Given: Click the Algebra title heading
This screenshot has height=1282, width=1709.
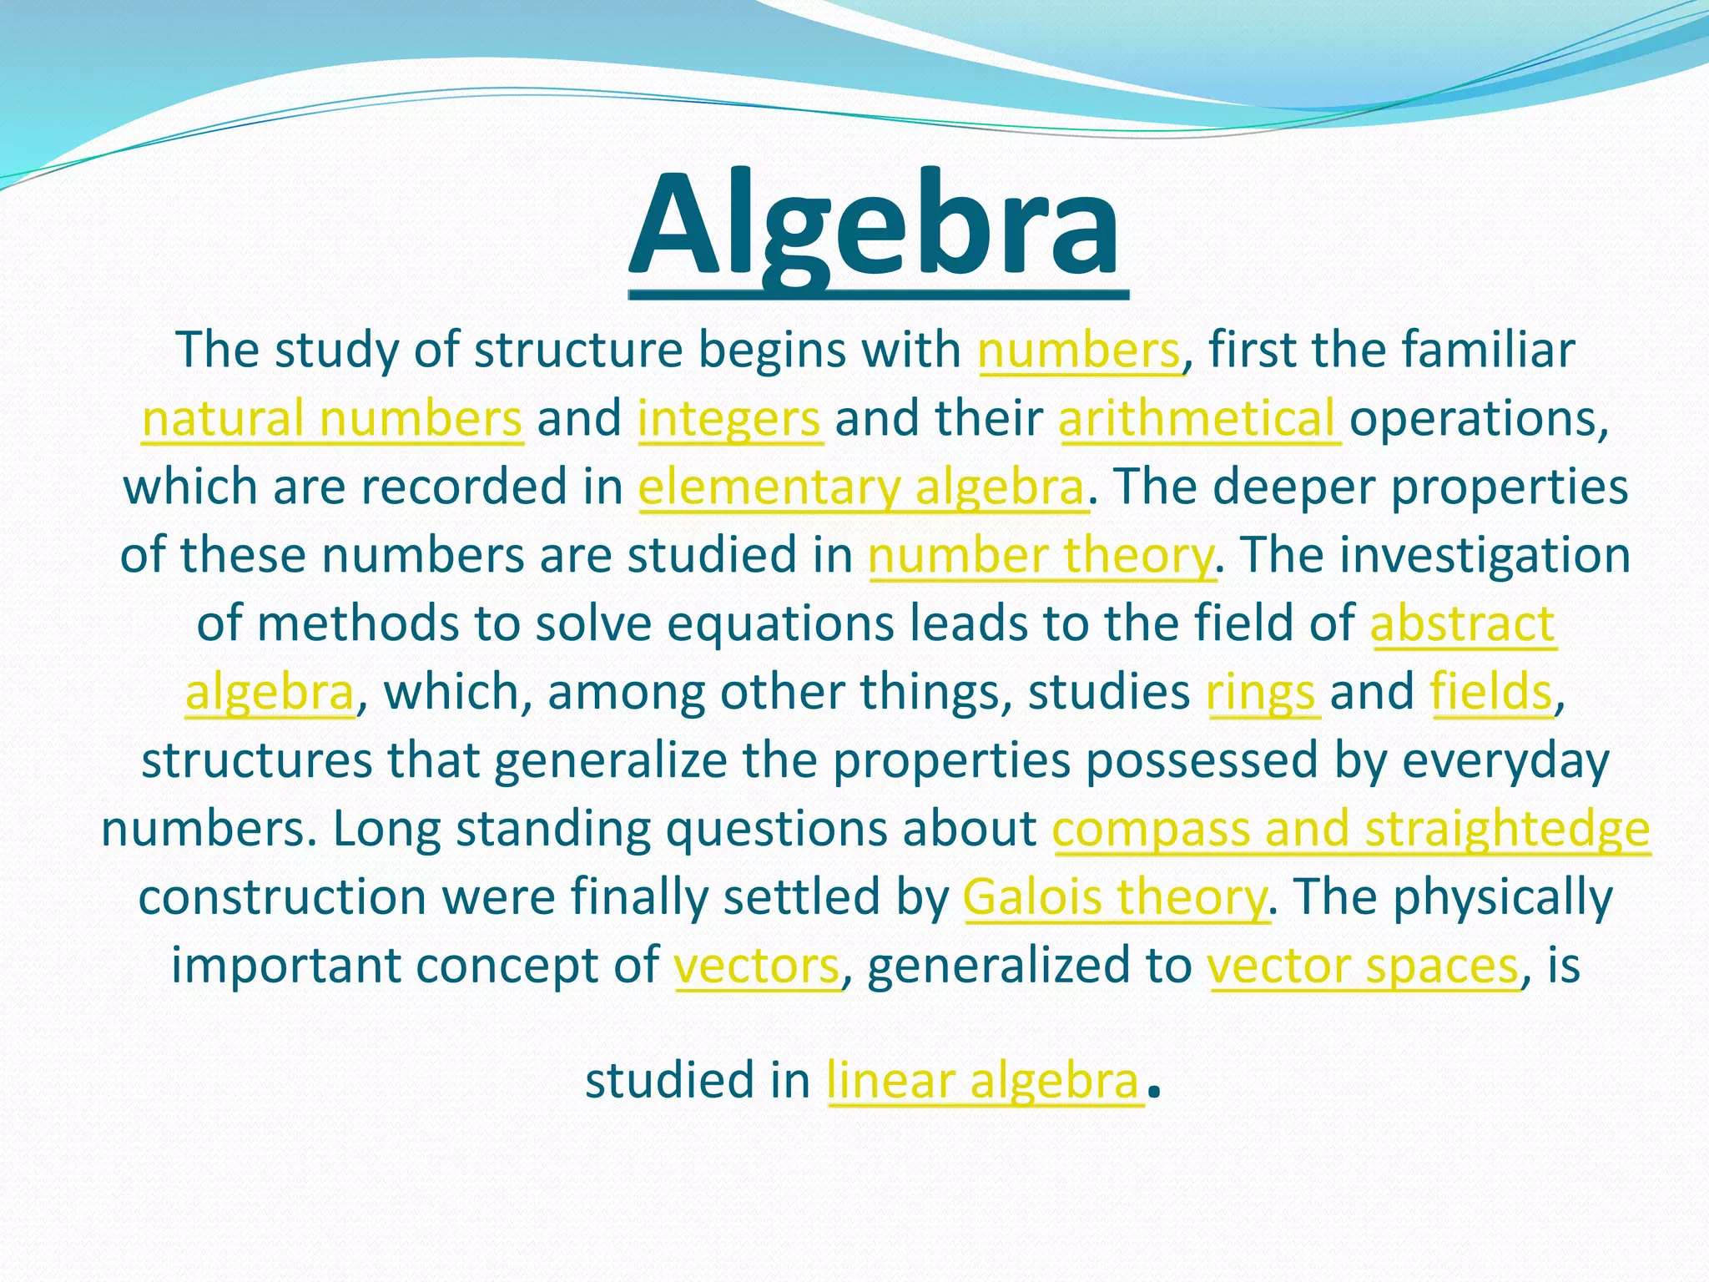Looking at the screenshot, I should coord(876,225).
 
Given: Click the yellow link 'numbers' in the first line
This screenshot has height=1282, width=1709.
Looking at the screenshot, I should coord(1080,351).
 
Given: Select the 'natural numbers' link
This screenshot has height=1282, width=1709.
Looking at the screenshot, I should coord(332,419).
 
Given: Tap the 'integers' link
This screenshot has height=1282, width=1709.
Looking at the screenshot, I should coord(730,419).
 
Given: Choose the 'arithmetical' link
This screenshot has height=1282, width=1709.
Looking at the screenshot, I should coord(1198,419).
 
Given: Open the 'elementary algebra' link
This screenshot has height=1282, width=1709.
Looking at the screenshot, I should coord(862,487).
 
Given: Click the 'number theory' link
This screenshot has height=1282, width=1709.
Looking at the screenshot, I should coord(1041,556).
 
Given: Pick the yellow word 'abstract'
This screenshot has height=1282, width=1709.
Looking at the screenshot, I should coord(1463,624).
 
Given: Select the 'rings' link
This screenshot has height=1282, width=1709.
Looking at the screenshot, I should coord(1261,693).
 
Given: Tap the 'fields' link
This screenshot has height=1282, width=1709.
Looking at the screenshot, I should coord(1491,693).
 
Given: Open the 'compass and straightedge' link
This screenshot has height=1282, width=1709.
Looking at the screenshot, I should coord(1351,830).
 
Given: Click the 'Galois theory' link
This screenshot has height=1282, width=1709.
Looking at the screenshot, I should coord(1115,898).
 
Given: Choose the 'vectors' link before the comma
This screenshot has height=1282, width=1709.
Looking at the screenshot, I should coord(757,967).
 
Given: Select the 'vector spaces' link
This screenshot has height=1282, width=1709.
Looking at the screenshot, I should coord(1364,967).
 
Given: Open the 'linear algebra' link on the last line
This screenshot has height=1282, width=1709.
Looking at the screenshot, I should coord(984,1082).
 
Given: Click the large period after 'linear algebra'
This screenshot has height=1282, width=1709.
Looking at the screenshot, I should coord(1154,1092).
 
